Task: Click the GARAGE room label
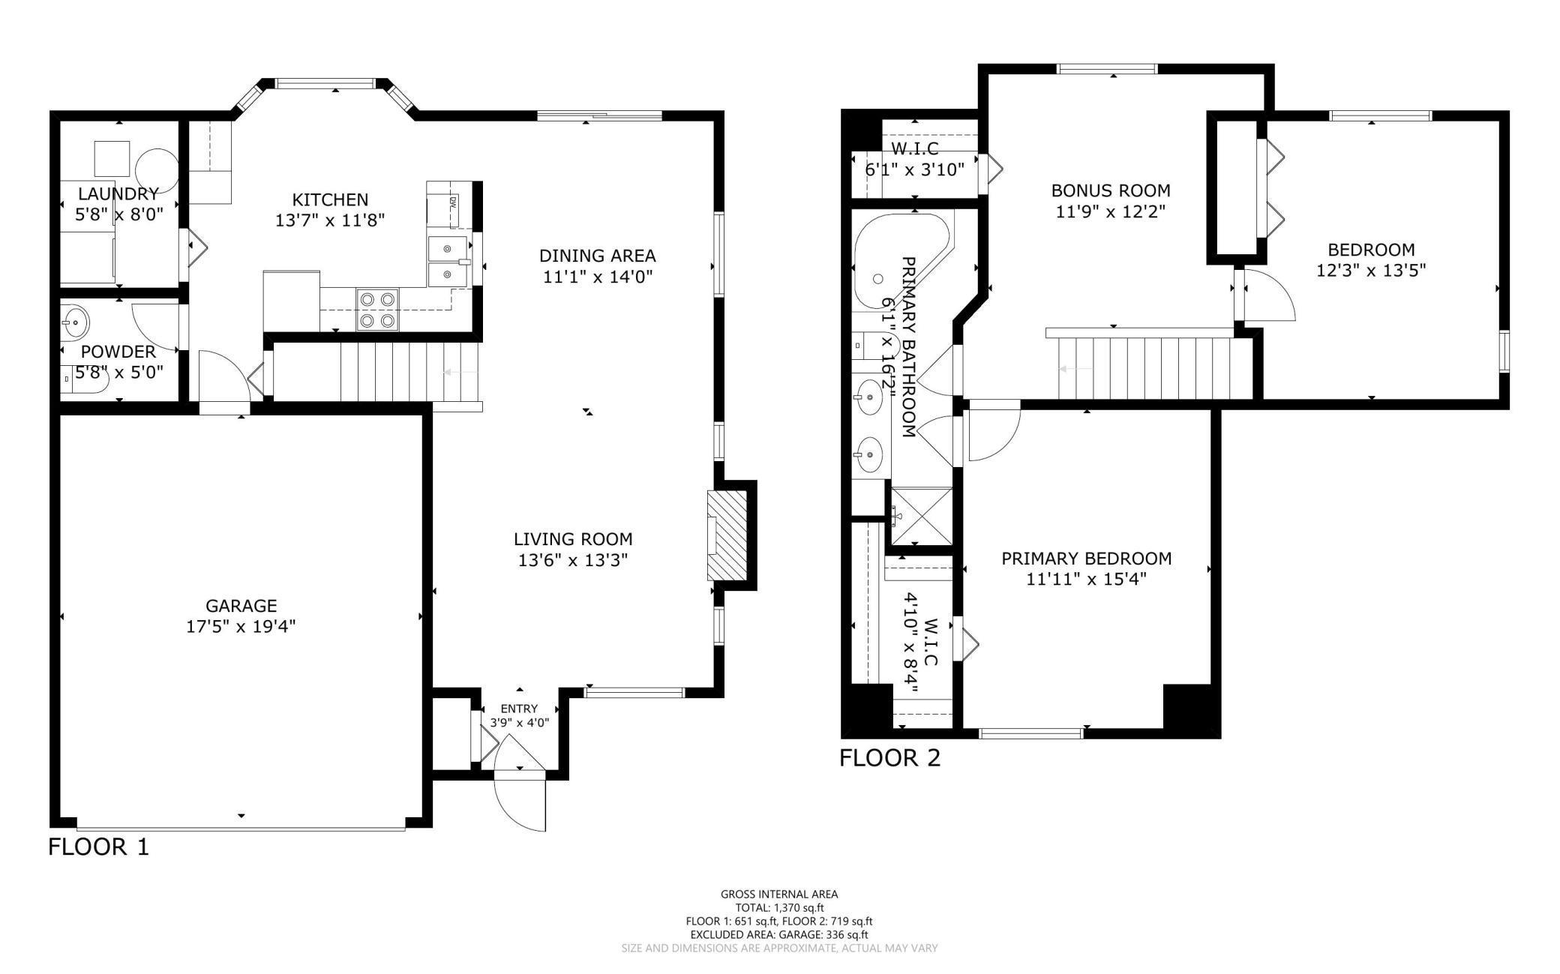(241, 605)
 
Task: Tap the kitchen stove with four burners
(377, 310)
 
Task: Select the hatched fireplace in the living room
(727, 535)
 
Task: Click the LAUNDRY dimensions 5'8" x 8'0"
(119, 214)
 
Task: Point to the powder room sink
(75, 322)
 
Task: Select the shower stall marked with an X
(921, 516)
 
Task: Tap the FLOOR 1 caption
(98, 847)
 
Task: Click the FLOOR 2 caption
(889, 758)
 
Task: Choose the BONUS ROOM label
(1110, 190)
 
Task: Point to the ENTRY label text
(519, 709)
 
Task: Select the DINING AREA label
(597, 256)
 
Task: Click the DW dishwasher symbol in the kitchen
(453, 202)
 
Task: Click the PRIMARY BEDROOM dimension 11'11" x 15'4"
(1086, 579)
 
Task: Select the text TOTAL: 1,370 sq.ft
(779, 907)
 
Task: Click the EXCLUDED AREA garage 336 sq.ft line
(779, 934)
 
